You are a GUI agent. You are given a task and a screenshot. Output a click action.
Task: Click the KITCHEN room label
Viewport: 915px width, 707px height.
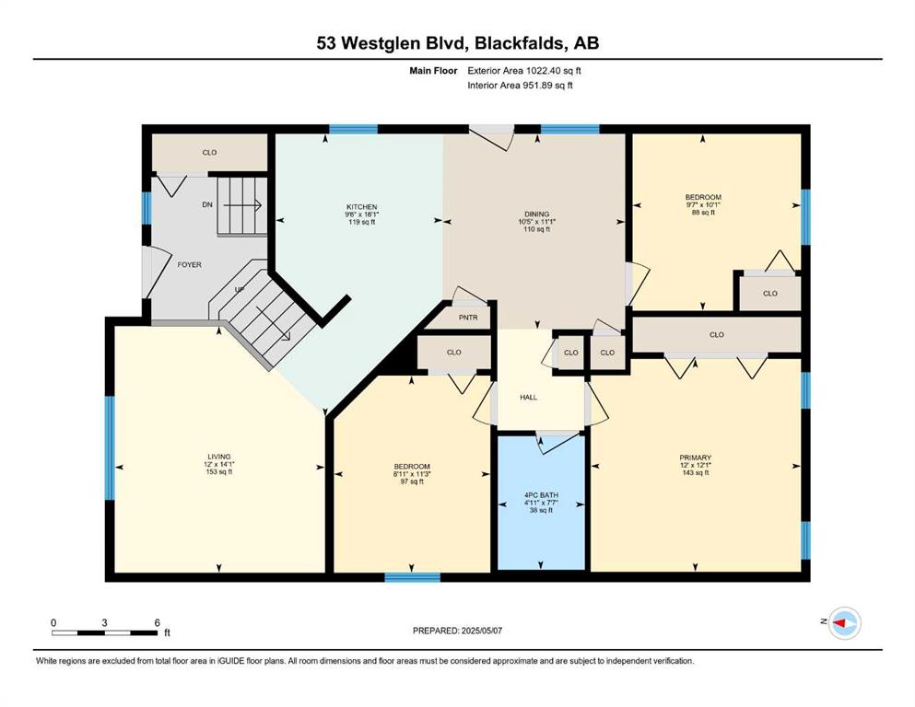tap(362, 207)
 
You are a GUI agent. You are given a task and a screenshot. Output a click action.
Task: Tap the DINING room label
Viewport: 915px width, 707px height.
tap(537, 214)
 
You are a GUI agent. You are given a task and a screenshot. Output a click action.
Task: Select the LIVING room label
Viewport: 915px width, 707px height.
tap(219, 457)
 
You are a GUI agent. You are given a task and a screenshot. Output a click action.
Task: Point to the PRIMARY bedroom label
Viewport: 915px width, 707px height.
tap(695, 458)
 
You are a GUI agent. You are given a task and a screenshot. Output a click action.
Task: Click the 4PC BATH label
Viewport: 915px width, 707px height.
tap(541, 495)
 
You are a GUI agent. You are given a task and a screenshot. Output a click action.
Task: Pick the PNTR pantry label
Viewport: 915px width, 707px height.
tap(468, 318)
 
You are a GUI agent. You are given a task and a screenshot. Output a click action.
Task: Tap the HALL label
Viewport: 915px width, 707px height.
tap(529, 398)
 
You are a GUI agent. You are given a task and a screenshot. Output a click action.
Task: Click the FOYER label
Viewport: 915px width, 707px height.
tap(190, 264)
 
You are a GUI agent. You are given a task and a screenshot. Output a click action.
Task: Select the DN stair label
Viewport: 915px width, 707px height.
tap(207, 204)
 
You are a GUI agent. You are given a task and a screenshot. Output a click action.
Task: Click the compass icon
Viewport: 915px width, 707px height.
tap(844, 623)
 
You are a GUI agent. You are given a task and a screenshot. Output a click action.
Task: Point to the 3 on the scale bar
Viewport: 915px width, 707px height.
tap(104, 622)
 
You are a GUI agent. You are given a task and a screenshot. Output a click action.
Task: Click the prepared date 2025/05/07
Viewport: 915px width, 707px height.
tap(481, 631)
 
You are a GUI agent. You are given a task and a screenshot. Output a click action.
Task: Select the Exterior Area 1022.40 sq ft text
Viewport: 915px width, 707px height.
tap(524, 71)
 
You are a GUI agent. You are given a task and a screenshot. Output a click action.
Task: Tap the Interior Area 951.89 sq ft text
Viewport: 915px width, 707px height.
tap(520, 85)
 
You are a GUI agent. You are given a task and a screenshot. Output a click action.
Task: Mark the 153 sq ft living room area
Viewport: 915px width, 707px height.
tap(219, 472)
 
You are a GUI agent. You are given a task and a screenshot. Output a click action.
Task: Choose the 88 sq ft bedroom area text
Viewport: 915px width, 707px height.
tap(703, 213)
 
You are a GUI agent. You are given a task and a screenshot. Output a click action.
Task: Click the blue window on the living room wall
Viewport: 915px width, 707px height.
tap(109, 447)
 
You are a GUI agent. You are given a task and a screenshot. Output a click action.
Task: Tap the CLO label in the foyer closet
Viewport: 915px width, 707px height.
tap(209, 153)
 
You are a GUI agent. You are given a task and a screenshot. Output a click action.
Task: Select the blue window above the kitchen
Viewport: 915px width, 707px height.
tap(353, 129)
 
